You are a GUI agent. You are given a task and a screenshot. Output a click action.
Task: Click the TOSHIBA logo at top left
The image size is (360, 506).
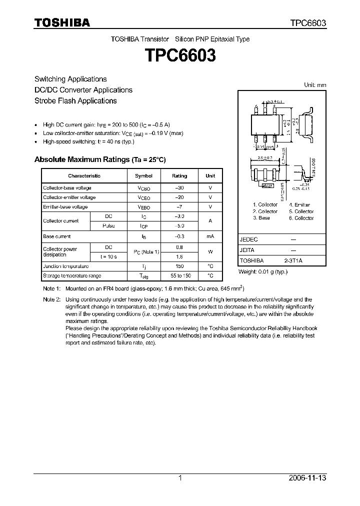click(62, 22)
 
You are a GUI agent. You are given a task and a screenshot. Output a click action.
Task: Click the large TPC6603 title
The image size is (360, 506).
click(180, 55)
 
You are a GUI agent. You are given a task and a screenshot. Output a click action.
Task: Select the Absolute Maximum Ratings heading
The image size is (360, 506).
click(99, 159)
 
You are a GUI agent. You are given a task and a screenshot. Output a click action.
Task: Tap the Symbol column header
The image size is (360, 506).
click(143, 176)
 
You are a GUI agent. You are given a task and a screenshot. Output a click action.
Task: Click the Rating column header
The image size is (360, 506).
click(179, 176)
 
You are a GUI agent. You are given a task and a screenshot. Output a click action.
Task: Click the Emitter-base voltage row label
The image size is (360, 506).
click(65, 207)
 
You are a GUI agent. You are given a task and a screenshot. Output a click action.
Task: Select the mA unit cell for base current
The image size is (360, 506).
click(210, 236)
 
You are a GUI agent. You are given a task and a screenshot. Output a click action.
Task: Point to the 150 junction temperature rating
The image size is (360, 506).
click(179, 266)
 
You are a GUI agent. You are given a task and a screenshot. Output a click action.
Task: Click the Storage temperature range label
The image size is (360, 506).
click(72, 276)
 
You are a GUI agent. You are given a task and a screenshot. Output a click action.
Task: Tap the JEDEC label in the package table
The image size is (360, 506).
click(249, 239)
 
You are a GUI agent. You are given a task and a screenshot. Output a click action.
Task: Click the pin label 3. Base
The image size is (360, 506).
click(261, 218)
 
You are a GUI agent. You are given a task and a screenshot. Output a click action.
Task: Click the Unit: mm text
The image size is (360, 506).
click(315, 85)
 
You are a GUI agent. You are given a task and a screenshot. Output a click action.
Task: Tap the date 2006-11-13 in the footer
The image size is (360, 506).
click(307, 478)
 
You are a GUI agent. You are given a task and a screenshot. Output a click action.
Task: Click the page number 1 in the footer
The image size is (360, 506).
click(180, 478)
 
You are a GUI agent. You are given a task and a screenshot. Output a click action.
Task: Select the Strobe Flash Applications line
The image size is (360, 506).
click(75, 100)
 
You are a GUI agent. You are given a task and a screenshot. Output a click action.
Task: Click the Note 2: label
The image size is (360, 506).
click(51, 299)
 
